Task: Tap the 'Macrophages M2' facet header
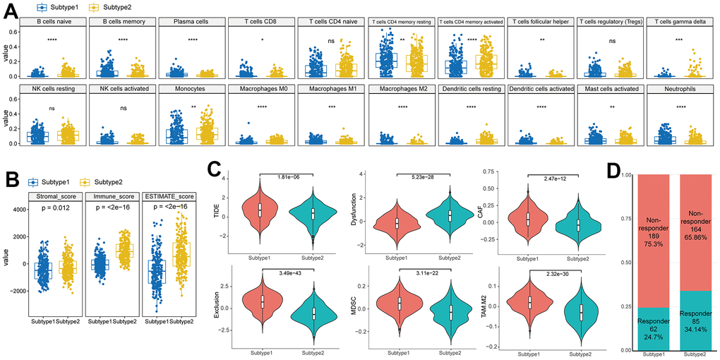click(x=400, y=90)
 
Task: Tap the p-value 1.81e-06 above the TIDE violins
click(x=292, y=176)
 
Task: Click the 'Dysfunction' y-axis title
click(x=361, y=210)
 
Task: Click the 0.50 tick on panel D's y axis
click(x=626, y=263)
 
